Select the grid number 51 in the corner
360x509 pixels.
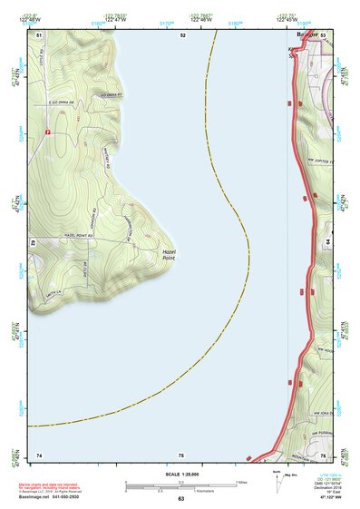click(x=39, y=34)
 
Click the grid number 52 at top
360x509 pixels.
click(x=182, y=34)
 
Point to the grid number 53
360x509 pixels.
click(x=323, y=34)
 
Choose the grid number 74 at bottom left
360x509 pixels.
click(x=39, y=454)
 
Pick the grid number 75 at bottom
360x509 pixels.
click(x=181, y=454)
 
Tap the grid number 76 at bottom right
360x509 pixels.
click(x=322, y=454)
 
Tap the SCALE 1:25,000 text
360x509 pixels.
click(x=180, y=474)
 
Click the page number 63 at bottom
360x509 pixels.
click(x=180, y=499)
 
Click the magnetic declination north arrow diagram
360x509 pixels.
click(x=277, y=482)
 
